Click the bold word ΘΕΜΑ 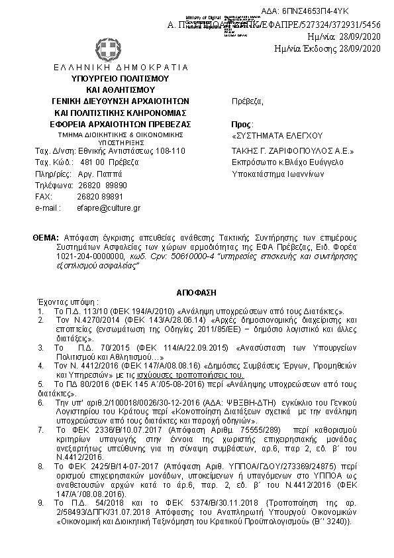tap(45, 237)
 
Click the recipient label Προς tap(238, 125)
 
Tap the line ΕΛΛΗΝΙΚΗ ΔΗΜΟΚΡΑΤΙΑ tap(111, 68)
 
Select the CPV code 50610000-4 tap(187, 256)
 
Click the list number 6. tap(42, 402)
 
